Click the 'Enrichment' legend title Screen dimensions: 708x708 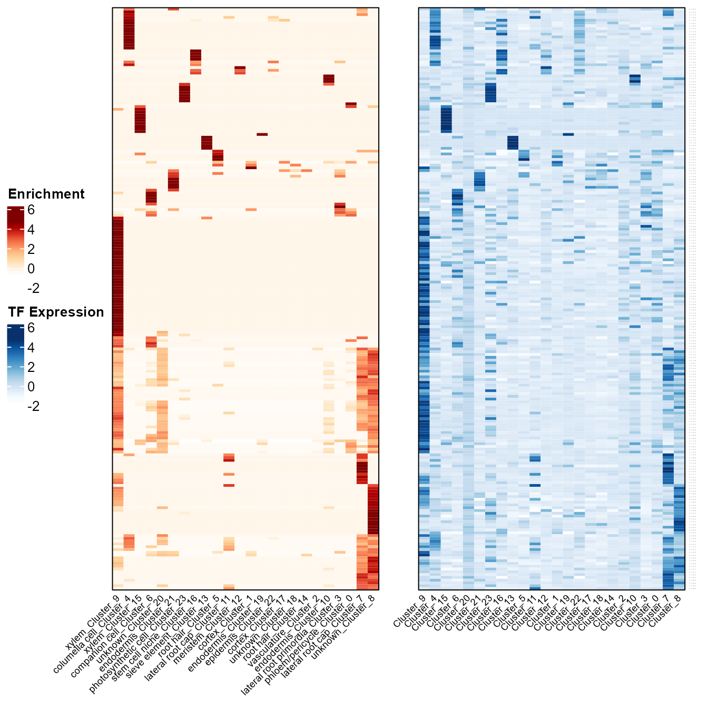pos(46,194)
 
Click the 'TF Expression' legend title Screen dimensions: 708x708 pos(56,312)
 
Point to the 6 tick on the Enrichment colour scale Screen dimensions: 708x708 pos(31,210)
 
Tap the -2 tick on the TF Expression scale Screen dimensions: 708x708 pos(33,406)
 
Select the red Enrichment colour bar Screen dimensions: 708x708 pos(15,240)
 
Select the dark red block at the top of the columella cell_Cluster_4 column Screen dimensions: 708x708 pos(129,29)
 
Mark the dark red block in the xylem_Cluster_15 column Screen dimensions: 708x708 pos(140,119)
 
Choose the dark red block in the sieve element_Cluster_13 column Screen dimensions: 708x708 pos(206,142)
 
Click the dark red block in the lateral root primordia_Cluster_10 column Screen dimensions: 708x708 pos(329,79)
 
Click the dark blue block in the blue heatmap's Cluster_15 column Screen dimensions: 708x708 pos(446,119)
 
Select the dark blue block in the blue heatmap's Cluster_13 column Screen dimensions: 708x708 pos(513,142)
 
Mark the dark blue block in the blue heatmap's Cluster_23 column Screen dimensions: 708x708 pos(490,93)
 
